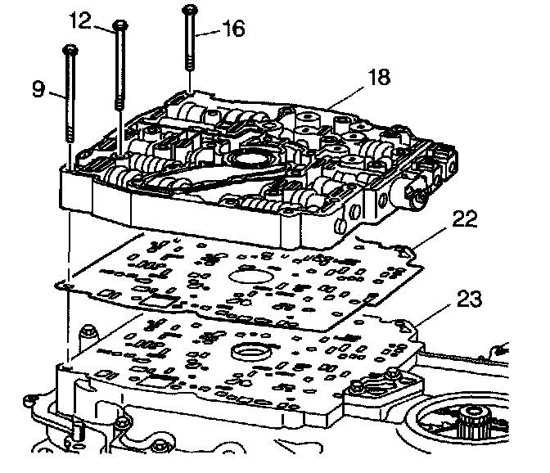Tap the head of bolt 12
[120, 25]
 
